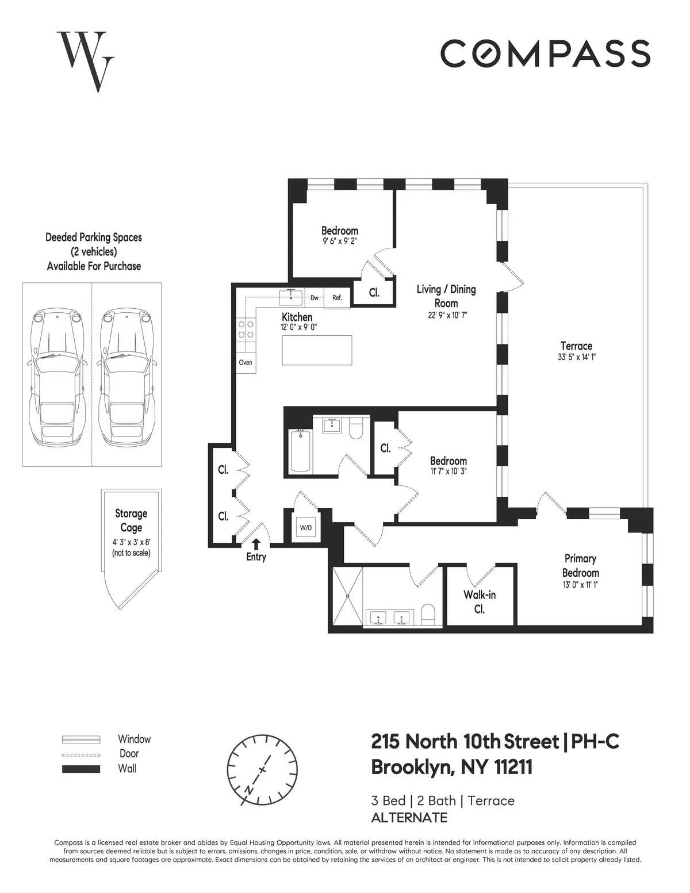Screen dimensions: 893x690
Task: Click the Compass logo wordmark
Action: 545,53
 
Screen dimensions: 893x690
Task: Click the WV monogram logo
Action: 86,61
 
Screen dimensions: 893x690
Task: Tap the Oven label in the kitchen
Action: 246,363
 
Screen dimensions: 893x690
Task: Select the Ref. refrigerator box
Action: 337,298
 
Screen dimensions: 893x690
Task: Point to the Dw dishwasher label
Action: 315,298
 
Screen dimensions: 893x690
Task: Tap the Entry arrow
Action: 256,543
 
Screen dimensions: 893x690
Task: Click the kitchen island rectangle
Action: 317,350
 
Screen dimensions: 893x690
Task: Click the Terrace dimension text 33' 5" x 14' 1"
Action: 576,357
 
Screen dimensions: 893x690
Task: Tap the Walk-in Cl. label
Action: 480,601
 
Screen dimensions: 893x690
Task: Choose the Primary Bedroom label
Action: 580,565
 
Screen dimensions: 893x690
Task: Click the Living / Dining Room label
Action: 446,296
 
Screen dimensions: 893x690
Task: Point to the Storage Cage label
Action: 131,520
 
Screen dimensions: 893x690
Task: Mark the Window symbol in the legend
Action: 80,739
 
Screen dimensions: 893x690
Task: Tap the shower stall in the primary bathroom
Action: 348,597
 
